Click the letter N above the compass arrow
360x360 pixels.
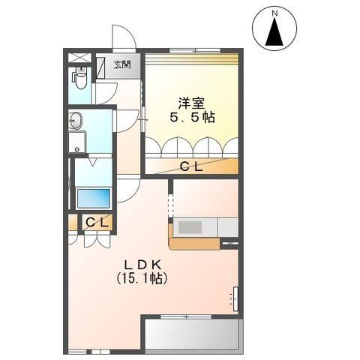[275, 13]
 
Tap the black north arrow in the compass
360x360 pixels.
[275, 33]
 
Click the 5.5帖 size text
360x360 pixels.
[191, 118]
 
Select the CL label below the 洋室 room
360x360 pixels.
[191, 167]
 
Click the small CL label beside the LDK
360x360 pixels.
[95, 222]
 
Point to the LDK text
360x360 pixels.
[140, 264]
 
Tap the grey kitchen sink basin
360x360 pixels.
[192, 226]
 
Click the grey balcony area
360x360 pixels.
[193, 334]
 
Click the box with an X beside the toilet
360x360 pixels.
[77, 58]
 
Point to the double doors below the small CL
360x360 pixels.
[95, 238]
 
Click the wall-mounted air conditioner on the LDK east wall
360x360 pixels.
[234, 298]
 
